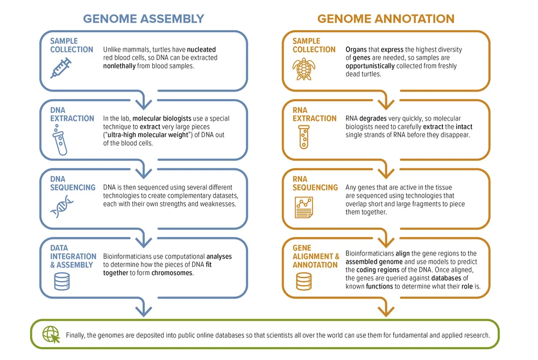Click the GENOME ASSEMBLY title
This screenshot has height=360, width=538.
tap(144, 18)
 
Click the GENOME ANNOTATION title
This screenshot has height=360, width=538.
tap(386, 18)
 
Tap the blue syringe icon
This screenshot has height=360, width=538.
tap(61, 68)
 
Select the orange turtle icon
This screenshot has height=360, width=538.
tap(303, 69)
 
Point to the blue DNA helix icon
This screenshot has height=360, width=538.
tap(62, 207)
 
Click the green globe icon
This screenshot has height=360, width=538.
tap(51, 335)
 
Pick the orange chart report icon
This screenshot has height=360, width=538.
tap(303, 207)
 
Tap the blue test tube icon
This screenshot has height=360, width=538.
tap(60, 140)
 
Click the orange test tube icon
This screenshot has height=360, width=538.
tap(303, 137)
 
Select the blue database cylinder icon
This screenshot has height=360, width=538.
tap(62, 281)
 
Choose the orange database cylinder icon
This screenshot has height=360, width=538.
tap(304, 281)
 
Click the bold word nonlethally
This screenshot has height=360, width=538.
tap(119, 66)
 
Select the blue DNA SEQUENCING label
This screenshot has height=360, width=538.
tap(73, 183)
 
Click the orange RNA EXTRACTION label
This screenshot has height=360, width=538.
tap(315, 114)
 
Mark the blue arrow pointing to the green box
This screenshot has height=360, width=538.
tap(144, 307)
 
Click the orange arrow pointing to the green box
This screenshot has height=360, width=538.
tap(386, 307)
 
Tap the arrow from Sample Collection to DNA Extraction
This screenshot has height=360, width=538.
tap(144, 100)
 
